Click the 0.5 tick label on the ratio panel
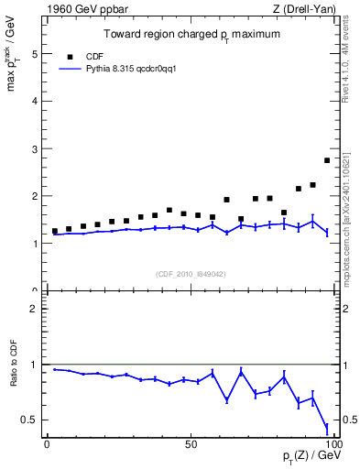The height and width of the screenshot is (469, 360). coord(28,420)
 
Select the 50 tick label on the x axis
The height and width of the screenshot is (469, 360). coord(191,443)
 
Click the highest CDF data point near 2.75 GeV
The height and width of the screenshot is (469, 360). coord(327,160)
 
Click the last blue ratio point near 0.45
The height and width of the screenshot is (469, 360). coord(327,426)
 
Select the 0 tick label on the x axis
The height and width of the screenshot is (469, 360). coord(47,443)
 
